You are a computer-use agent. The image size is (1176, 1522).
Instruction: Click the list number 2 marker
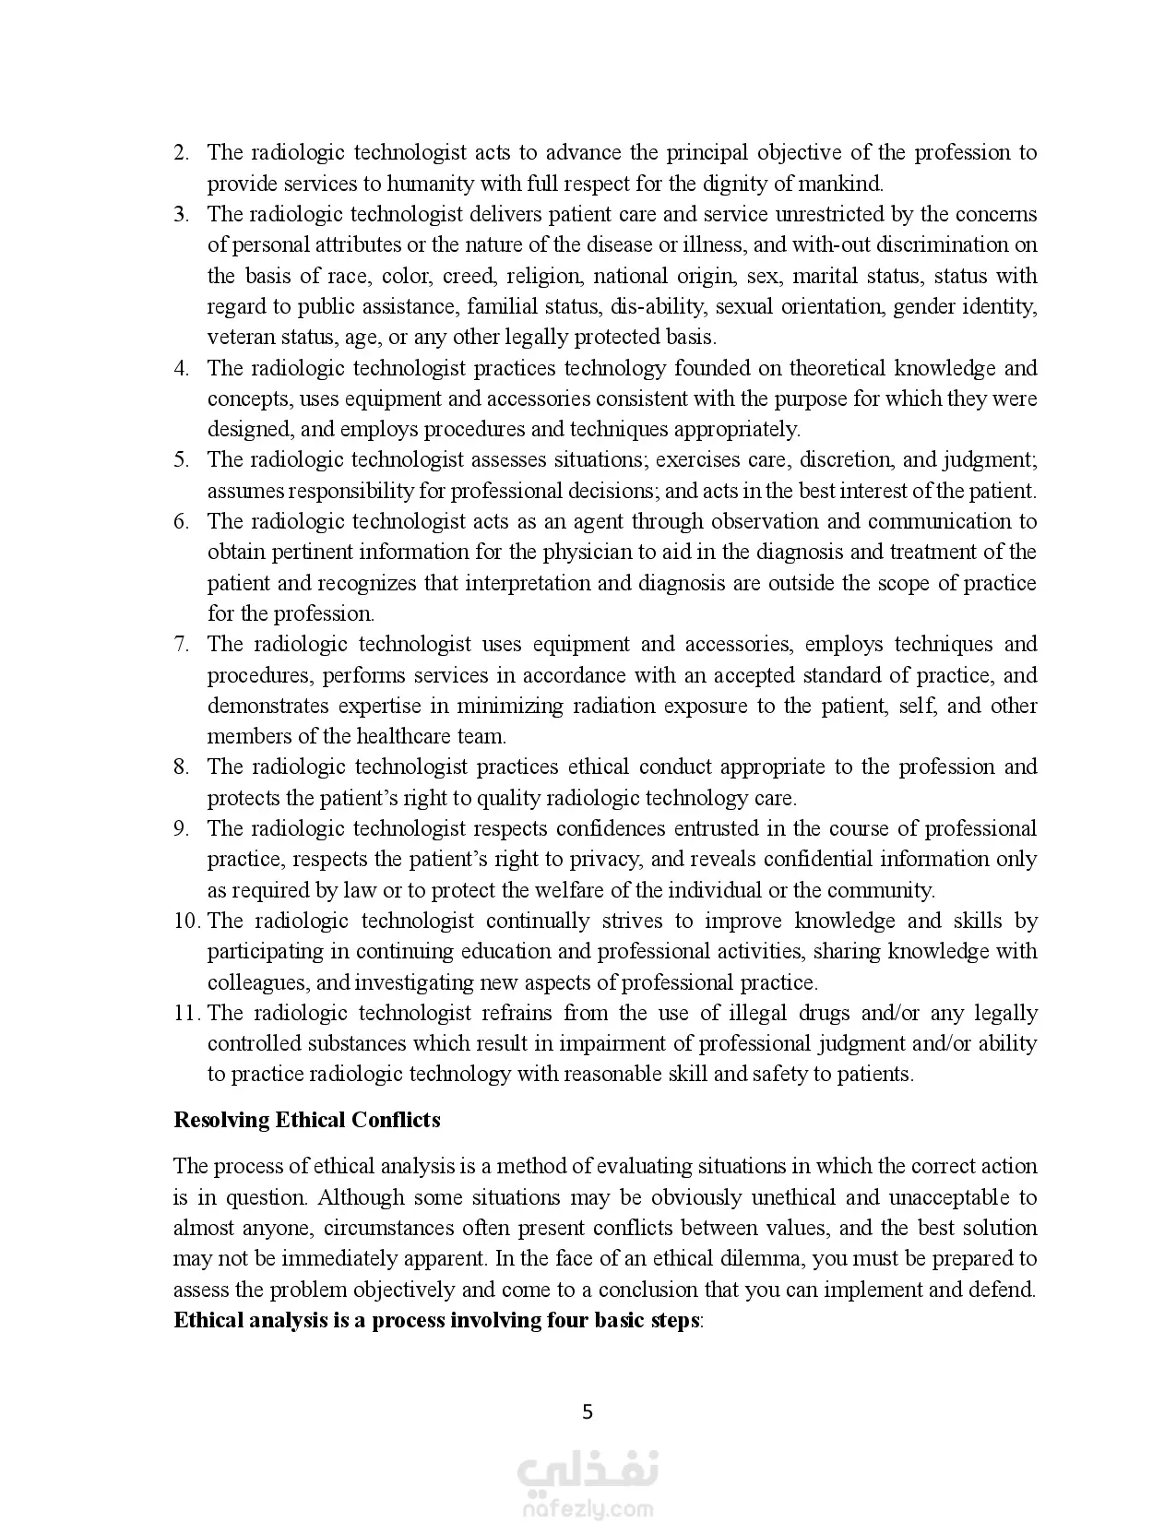(x=181, y=153)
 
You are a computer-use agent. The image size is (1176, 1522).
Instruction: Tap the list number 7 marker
(x=181, y=645)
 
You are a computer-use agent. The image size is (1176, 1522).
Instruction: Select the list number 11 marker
(x=186, y=1013)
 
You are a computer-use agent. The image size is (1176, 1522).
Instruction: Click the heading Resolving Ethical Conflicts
(x=307, y=1120)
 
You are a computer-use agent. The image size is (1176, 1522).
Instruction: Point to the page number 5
(x=588, y=1411)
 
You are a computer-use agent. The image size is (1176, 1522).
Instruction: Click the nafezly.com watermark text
(x=588, y=1510)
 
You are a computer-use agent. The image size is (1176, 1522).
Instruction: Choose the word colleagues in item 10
(x=247, y=982)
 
